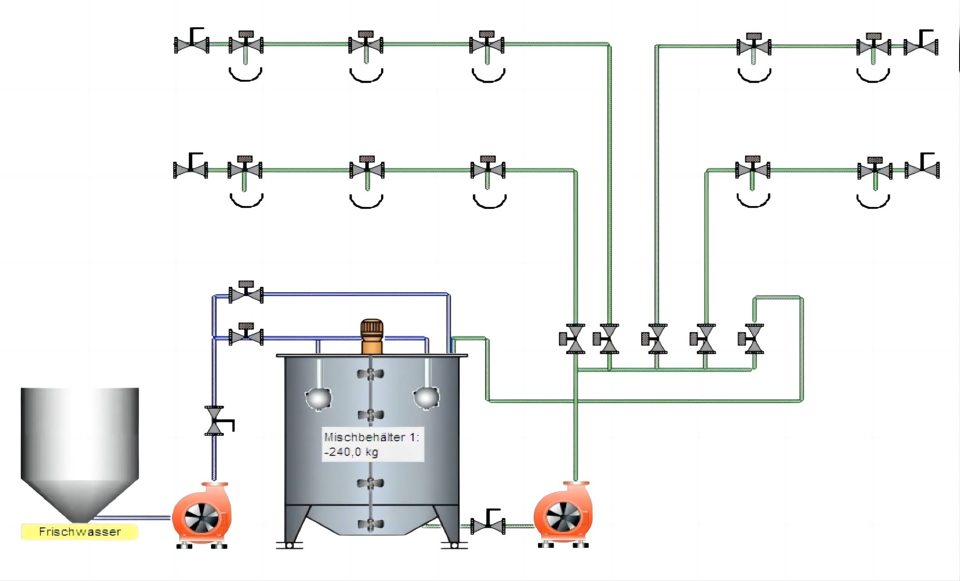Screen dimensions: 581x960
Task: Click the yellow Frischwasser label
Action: click(80, 532)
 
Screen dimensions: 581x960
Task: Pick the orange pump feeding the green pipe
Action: click(563, 516)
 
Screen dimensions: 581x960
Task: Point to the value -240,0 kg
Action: click(351, 452)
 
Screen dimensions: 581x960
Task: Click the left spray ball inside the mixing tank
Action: click(318, 398)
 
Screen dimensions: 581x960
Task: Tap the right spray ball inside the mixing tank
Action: click(426, 397)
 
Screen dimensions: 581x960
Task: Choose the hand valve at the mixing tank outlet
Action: click(488, 526)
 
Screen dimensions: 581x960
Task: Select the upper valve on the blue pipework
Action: click(246, 294)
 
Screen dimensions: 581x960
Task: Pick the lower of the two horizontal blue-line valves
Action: click(246, 336)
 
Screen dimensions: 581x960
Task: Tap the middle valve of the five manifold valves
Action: click(656, 339)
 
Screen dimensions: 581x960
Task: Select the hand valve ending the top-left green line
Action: click(192, 44)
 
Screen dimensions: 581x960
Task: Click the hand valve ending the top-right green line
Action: click(921, 46)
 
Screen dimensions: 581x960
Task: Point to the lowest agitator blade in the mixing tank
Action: click(371, 524)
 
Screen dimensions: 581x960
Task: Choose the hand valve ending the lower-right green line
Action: click(922, 169)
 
